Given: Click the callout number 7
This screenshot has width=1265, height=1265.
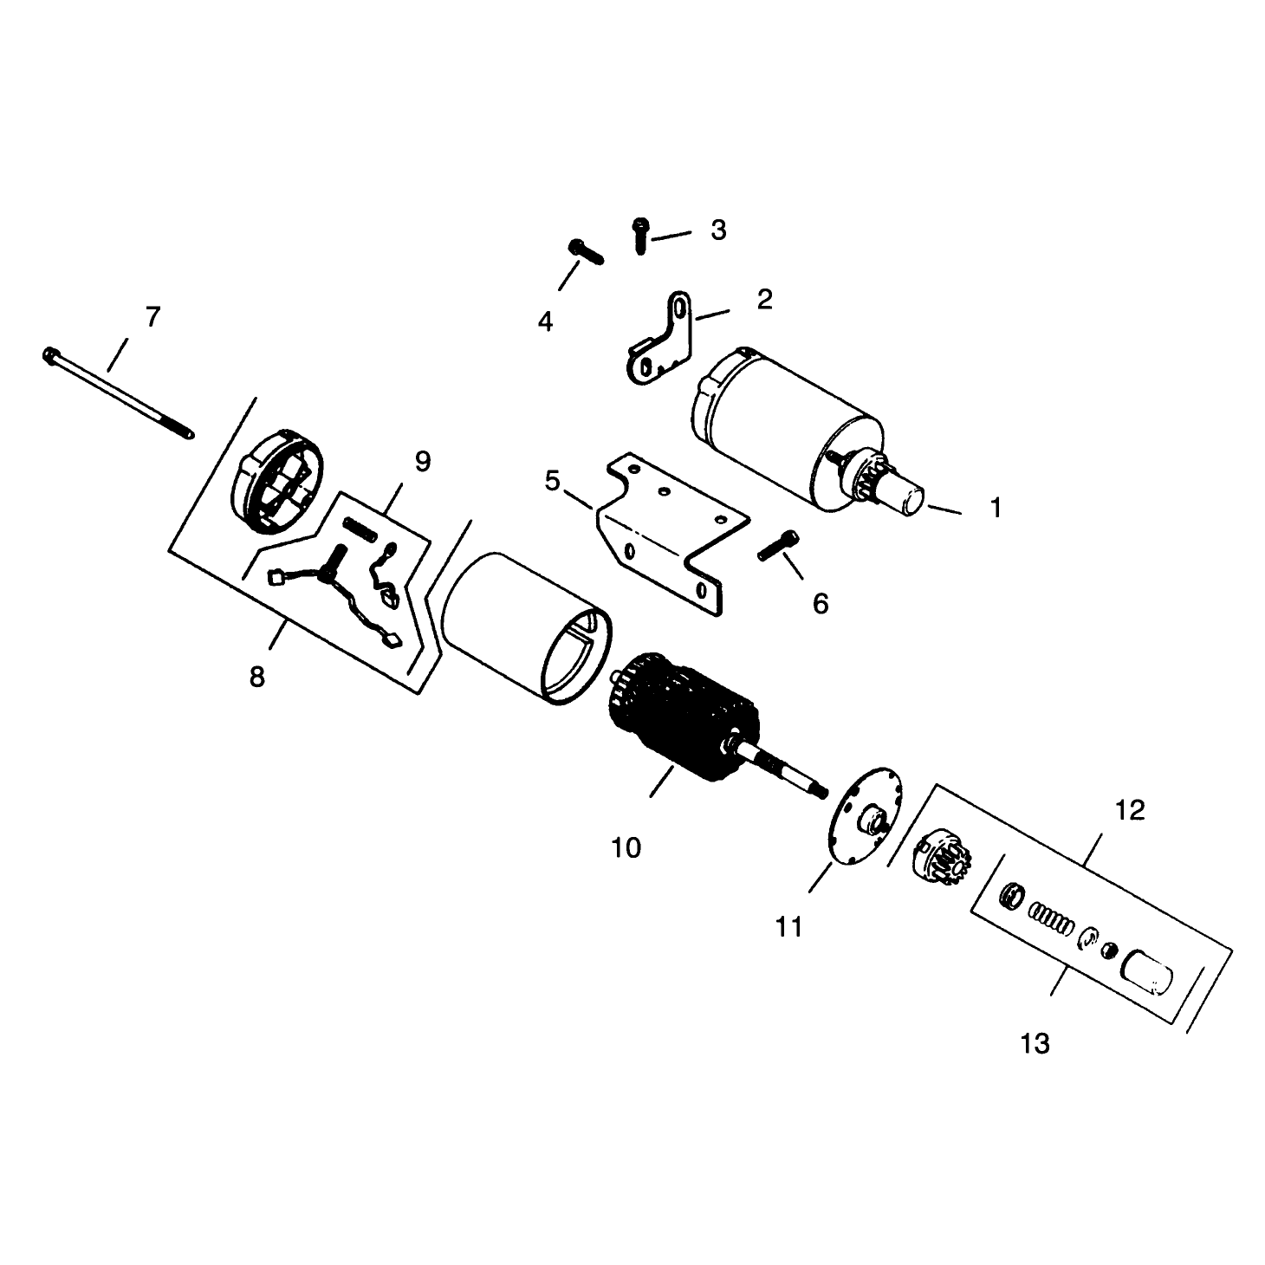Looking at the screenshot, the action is pyautogui.click(x=152, y=318).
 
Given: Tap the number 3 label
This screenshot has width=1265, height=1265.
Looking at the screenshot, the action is pyautogui.click(x=718, y=230).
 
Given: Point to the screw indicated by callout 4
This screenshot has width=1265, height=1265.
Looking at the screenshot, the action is pyautogui.click(x=585, y=251).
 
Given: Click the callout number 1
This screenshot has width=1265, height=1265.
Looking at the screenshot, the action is pyautogui.click(x=996, y=508).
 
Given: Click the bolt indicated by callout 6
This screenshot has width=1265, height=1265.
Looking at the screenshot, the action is pyautogui.click(x=779, y=545).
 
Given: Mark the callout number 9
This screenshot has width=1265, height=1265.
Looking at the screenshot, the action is pyautogui.click(x=423, y=462).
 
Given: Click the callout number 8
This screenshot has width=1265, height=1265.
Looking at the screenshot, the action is pyautogui.click(x=256, y=677).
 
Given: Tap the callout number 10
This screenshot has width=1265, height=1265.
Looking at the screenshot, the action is pyautogui.click(x=626, y=848).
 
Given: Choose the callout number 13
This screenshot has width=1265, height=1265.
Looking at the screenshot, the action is pyautogui.click(x=1035, y=1044).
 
